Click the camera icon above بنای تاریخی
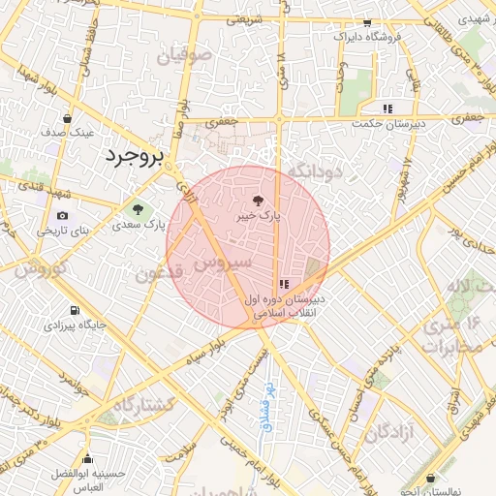pyautogui.click(x=63, y=215)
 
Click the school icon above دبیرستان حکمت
pyautogui.click(x=387, y=108)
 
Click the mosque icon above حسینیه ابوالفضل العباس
pyautogui.click(x=88, y=459)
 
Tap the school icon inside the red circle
pyautogui.click(x=283, y=283)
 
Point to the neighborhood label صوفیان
pyautogui.click(x=188, y=57)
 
